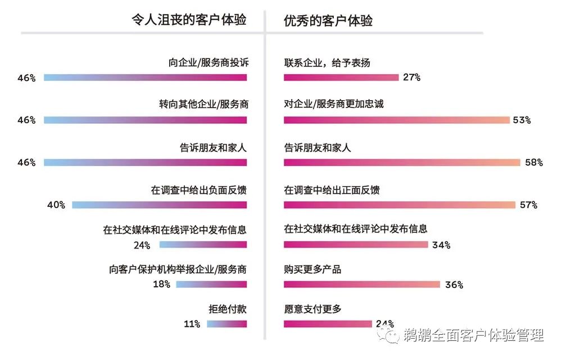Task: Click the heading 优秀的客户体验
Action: pos(328,21)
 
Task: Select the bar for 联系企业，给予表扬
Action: pos(341,78)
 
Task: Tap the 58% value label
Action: pos(534,163)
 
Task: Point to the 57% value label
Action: pos(529,205)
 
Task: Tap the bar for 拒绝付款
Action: pos(226,324)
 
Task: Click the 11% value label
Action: pos(192,324)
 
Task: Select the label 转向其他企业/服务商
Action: pos(203,105)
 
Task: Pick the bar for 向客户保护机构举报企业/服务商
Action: pos(211,284)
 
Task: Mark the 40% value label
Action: pos(57,205)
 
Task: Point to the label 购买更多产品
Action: pos(312,269)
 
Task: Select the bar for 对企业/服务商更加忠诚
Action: pos(396,120)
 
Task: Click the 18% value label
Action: pos(162,284)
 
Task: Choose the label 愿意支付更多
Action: pos(312,309)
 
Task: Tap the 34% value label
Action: pos(441,245)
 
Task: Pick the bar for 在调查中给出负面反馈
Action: pos(159,205)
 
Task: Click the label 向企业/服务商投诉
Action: pos(208,62)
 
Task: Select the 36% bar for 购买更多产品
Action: pos(361,284)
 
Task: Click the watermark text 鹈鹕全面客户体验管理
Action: pos(473,336)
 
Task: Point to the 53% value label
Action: pos(522,120)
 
